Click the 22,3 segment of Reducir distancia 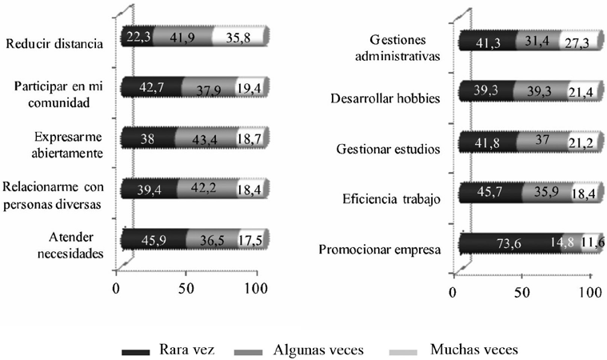coord(136,37)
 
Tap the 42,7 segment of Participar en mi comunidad coord(151,87)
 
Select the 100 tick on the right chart coord(590,293)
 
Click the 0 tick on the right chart coord(453,293)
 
